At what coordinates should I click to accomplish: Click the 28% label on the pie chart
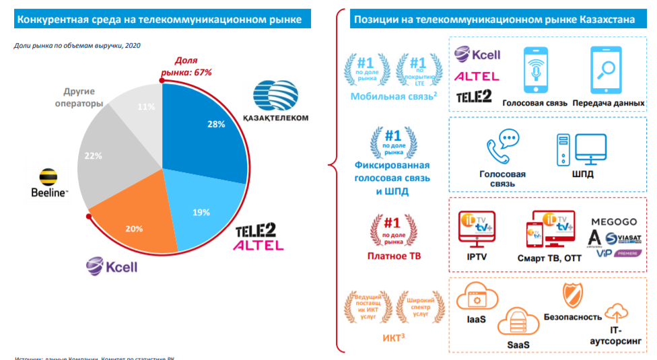[215, 124]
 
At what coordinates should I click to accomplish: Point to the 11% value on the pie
[146, 106]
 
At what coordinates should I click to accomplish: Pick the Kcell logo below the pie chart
[111, 266]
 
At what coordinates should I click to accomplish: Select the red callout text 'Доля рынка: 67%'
[185, 66]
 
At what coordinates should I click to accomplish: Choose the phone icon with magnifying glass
[607, 71]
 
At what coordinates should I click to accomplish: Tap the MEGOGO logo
[613, 221]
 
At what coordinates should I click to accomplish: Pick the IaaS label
[476, 319]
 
